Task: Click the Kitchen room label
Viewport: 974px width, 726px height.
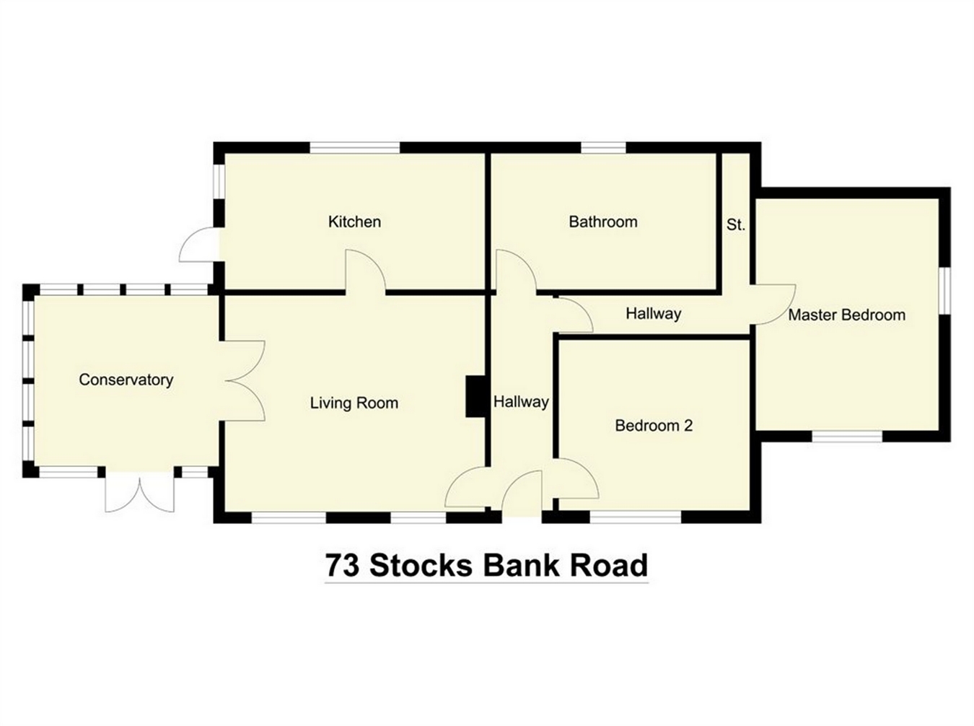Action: click(354, 222)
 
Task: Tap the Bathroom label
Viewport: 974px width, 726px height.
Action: click(603, 222)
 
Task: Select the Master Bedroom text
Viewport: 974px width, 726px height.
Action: click(846, 315)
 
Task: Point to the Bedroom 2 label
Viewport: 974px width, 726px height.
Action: click(654, 426)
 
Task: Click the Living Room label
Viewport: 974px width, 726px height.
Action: click(354, 403)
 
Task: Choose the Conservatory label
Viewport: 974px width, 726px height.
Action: click(126, 380)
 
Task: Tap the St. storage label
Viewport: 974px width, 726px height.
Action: click(735, 225)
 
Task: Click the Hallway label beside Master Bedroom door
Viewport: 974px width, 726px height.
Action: click(654, 314)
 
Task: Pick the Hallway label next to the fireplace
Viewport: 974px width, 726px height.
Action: click(521, 402)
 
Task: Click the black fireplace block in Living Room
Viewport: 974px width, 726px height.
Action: click(475, 396)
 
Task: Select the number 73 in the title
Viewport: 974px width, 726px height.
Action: click(343, 565)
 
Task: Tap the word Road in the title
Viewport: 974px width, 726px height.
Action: click(609, 565)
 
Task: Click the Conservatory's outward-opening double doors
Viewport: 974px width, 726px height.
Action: click(140, 491)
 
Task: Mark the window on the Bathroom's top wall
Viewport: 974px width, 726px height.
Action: click(603, 148)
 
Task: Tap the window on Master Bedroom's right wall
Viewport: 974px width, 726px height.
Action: click(944, 290)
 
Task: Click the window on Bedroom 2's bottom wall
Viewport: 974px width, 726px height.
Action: click(636, 517)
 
